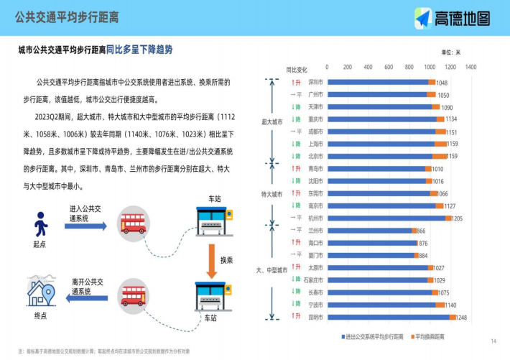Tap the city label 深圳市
pos(315,82)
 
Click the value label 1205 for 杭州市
pos(457,218)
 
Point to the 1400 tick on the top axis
pos(470,67)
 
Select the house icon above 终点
pos(41,291)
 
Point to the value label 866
pos(421,231)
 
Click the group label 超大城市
pos(272,122)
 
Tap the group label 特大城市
pos(272,194)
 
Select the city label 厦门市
pos(315,255)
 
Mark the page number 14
pos(493,341)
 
